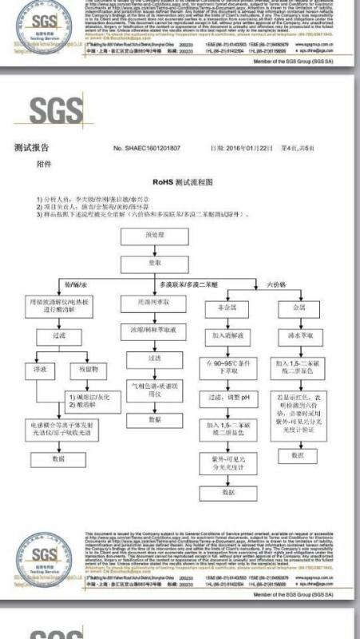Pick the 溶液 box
tap(39, 371)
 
